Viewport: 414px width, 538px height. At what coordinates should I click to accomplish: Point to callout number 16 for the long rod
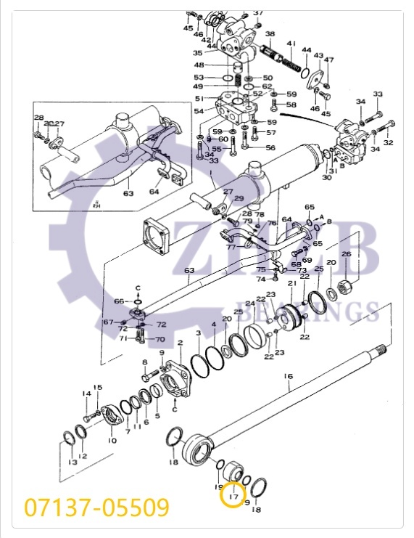pos(288,376)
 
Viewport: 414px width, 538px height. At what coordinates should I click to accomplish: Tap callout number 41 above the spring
pos(291,44)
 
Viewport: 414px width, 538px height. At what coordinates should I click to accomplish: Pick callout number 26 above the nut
pos(346,253)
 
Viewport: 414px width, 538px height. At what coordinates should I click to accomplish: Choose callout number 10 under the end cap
pos(112,440)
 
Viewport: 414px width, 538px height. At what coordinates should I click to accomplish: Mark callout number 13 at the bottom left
pos(72,462)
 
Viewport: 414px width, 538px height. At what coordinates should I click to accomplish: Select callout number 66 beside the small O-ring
pos(119,301)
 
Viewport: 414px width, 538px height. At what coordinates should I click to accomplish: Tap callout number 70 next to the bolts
pos(160,338)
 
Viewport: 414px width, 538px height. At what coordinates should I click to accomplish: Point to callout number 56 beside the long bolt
pos(270,147)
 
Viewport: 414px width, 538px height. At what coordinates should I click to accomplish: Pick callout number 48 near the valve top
pos(199,64)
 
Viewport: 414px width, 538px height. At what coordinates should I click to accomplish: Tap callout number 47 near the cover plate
pos(328,60)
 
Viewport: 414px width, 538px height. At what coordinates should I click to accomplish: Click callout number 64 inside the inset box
pos(154,192)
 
